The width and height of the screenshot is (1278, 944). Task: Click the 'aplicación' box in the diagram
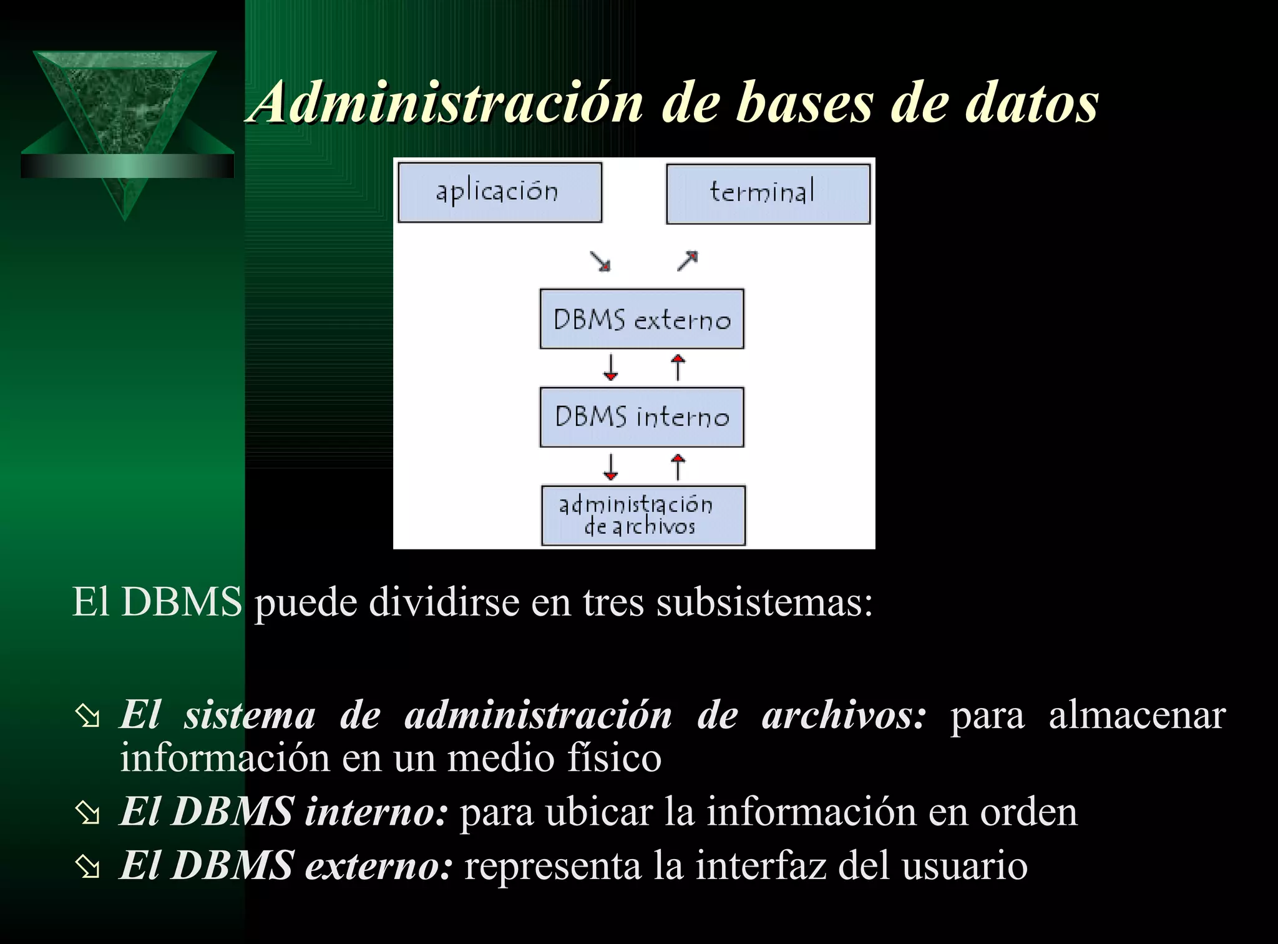(500, 192)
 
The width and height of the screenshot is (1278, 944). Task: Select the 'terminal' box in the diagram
(768, 193)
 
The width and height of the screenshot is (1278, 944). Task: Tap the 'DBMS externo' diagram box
(641, 319)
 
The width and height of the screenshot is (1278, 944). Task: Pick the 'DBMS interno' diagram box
(641, 417)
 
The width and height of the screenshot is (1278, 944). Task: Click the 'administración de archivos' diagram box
(643, 516)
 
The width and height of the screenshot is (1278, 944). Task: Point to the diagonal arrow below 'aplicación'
(600, 262)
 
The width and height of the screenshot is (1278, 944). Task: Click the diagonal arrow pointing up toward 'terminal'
(688, 260)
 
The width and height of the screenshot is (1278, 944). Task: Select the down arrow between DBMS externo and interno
(610, 368)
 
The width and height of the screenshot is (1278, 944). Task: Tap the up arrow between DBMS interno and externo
(678, 368)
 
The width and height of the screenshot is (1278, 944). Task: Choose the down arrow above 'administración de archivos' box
(610, 466)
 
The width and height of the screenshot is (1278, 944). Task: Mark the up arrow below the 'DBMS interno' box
(678, 466)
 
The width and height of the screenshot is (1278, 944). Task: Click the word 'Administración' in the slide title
(446, 103)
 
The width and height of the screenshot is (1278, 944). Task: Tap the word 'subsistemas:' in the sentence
(764, 602)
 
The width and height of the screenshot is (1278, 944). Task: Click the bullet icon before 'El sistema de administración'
(87, 717)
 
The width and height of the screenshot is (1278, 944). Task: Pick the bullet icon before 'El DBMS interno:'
(87, 814)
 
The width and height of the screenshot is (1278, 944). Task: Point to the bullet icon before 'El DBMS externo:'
(87, 867)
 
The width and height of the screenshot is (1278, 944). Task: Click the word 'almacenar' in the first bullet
(1137, 715)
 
